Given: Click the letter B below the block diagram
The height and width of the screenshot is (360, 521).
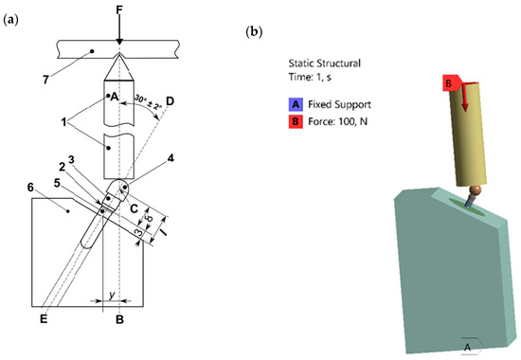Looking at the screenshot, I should pos(118,321).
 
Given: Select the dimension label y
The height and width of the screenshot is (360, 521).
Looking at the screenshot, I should pos(113,295).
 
